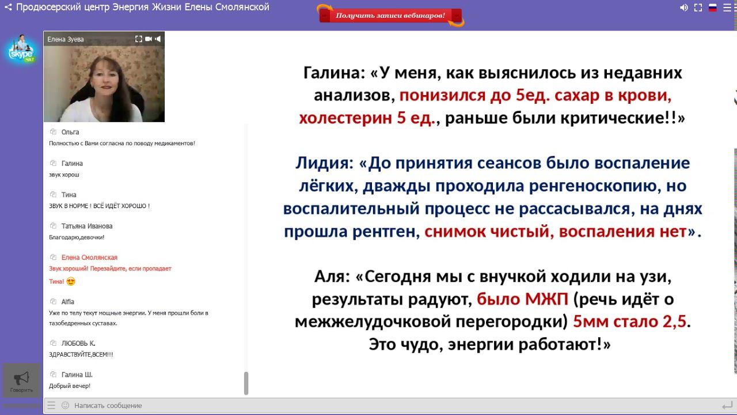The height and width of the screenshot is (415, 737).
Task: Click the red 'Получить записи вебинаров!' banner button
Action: pos(390,16)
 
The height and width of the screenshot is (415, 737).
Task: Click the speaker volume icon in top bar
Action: pos(683,7)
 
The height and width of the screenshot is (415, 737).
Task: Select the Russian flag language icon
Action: pos(712,7)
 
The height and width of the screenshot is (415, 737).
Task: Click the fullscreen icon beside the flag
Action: pos(698,7)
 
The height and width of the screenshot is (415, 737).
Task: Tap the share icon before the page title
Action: pos(8,7)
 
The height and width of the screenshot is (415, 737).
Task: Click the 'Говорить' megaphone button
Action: pos(21,380)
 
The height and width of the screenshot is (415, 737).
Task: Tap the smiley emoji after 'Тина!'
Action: pos(71,281)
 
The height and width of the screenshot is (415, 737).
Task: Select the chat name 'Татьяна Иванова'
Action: pos(87,226)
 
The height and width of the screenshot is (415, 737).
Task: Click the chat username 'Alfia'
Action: pos(68,301)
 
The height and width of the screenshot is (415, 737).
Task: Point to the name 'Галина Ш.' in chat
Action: pos(77,374)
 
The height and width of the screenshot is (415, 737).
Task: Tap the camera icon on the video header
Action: pos(148,39)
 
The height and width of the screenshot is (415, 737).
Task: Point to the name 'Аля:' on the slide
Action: pos(332,277)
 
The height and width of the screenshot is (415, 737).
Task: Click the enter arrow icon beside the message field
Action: pos(727,405)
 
